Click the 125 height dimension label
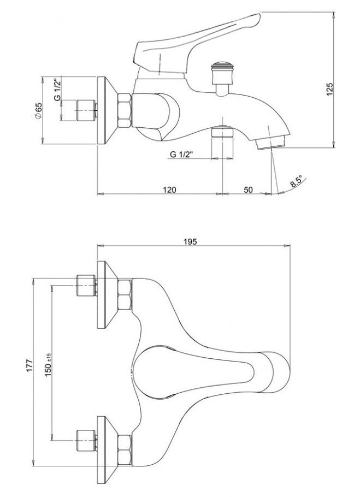(329, 90)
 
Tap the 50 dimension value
(249, 189)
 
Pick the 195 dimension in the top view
(190, 241)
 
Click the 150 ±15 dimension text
(49, 364)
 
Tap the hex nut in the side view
(124, 111)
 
